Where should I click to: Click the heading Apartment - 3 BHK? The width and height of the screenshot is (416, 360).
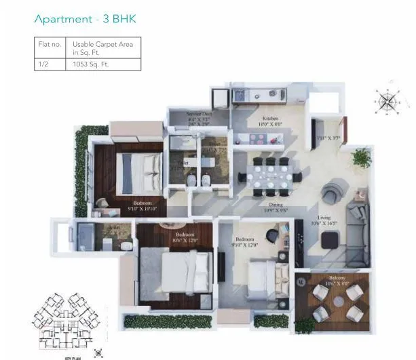tap(85, 19)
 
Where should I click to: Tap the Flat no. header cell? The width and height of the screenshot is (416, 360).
tap(51, 44)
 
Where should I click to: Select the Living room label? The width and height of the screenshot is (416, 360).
tap(323, 217)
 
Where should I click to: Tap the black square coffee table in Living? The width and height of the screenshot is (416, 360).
tap(331, 240)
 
